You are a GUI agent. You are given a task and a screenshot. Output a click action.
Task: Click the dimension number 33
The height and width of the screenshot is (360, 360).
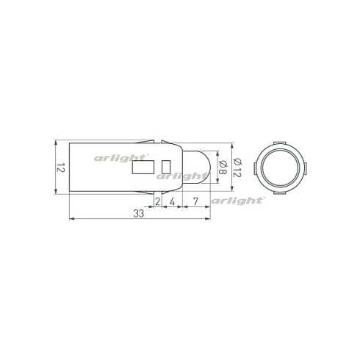click(x=138, y=214)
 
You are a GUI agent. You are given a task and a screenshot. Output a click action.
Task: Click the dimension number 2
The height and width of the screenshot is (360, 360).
click(x=157, y=200)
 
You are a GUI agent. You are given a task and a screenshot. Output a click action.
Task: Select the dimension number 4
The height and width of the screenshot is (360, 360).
click(x=171, y=200)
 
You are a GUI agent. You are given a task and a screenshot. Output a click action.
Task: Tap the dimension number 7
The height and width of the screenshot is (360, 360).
click(x=195, y=200)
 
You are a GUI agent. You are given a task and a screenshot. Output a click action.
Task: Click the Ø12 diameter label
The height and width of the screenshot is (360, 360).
click(x=237, y=168)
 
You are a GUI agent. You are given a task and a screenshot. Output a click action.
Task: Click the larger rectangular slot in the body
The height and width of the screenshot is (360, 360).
click(x=139, y=168)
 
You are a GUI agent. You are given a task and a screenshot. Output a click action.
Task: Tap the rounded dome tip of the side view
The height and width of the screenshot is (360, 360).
click(x=209, y=167)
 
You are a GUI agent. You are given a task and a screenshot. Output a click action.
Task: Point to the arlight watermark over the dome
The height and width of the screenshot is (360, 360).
click(x=181, y=176)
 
